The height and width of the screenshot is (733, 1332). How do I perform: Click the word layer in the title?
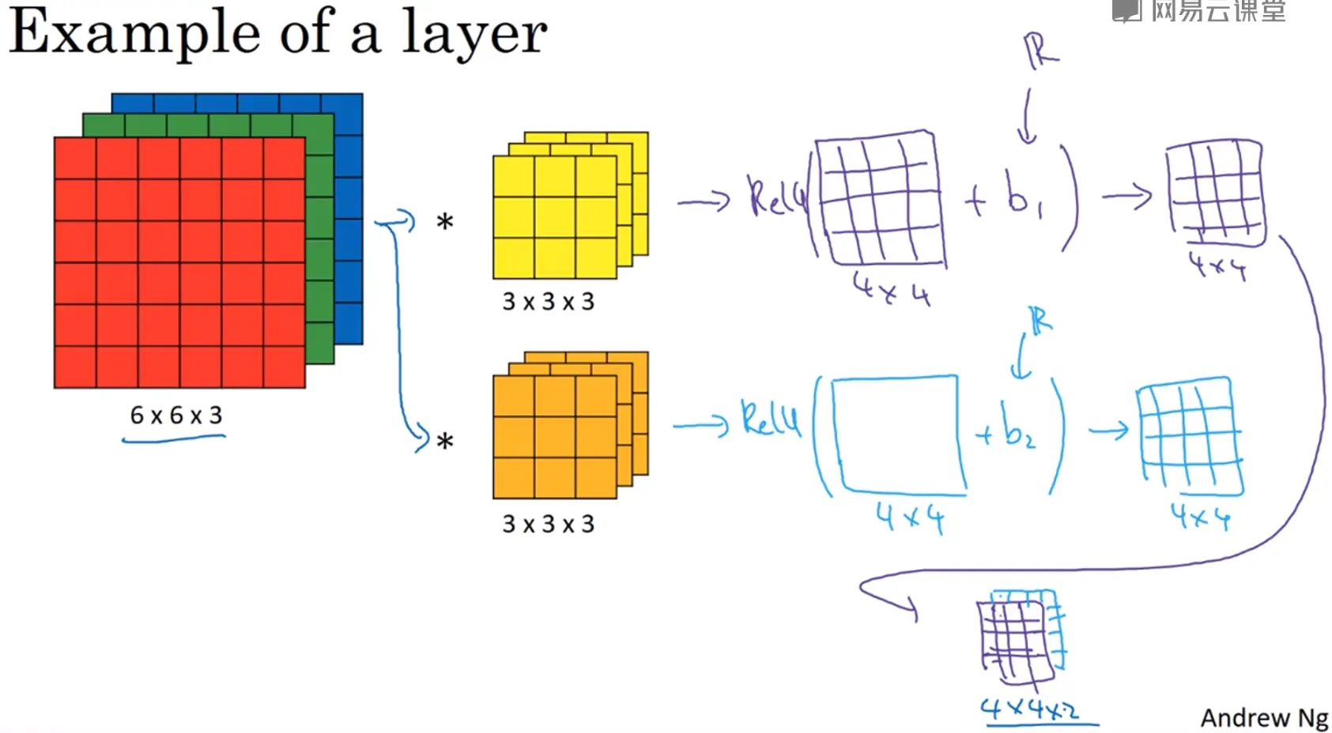point(474,33)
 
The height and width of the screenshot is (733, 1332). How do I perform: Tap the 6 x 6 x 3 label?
point(176,415)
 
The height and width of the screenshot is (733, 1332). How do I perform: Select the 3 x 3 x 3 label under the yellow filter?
point(548,301)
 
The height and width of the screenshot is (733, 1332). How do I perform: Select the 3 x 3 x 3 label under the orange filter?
point(548,524)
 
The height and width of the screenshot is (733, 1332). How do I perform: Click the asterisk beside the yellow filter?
point(445,223)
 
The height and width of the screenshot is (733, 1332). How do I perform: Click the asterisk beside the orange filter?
point(445,442)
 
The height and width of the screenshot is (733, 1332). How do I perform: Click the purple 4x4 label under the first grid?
point(892,289)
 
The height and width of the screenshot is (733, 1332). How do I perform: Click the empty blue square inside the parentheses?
point(898,434)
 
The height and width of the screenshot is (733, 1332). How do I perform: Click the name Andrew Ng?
point(1264,717)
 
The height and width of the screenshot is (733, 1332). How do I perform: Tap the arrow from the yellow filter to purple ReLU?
point(703,202)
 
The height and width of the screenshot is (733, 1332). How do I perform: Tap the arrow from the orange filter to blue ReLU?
point(700,427)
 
